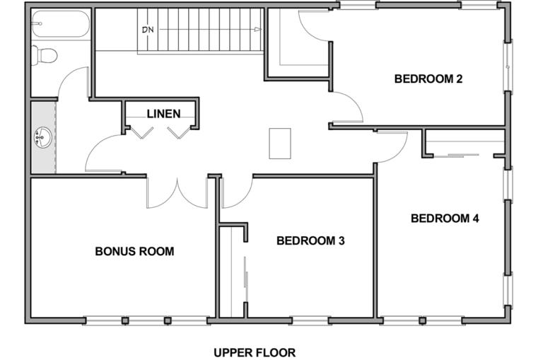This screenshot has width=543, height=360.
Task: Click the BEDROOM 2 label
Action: click(x=428, y=79)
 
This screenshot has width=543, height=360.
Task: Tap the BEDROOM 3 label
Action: click(x=310, y=240)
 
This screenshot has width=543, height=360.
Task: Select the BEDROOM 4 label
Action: click(x=445, y=219)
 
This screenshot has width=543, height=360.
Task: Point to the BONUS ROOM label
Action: click(x=135, y=252)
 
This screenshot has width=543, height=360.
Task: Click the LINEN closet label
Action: click(x=163, y=114)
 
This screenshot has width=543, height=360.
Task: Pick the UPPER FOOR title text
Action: click(x=255, y=353)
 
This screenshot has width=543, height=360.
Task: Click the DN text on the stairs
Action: click(x=148, y=30)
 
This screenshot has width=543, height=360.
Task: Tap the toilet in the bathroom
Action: click(x=44, y=55)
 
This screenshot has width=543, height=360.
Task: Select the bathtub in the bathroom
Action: click(x=61, y=23)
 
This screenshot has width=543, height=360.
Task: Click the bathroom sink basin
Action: click(x=43, y=137)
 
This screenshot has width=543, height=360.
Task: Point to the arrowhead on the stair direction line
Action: click(x=258, y=30)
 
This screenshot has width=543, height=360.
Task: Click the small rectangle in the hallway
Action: click(x=280, y=144)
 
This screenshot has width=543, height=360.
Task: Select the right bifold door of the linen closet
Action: click(x=180, y=133)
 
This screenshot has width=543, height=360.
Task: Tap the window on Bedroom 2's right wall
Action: click(x=508, y=66)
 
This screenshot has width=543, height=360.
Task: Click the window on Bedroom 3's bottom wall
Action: click(x=310, y=321)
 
